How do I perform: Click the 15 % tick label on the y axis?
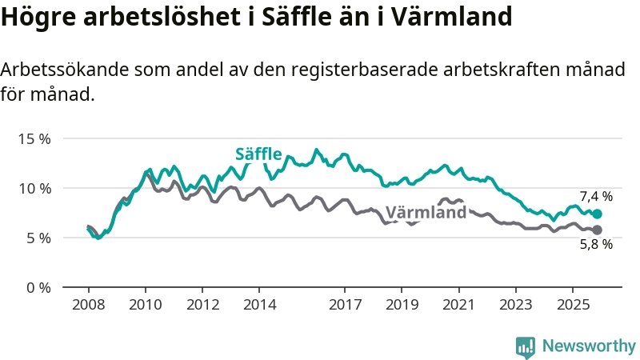(x=34, y=138)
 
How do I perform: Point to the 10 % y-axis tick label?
(x=34, y=188)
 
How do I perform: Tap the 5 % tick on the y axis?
(x=38, y=238)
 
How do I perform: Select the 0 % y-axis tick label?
(x=38, y=287)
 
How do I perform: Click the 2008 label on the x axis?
(x=88, y=305)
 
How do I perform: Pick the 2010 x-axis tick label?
(x=146, y=305)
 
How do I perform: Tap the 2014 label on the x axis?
(x=260, y=305)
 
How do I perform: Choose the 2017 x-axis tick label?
(x=346, y=305)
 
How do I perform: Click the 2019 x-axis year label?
(x=402, y=305)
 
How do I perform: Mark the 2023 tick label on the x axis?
(x=516, y=305)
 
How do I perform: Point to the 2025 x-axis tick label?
(x=573, y=305)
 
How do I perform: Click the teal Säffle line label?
(x=258, y=154)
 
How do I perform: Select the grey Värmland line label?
(x=426, y=213)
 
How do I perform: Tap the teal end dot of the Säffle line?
(x=597, y=214)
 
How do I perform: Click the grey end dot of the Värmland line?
(x=597, y=230)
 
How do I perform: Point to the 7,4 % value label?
(x=596, y=196)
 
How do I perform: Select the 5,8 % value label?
(x=596, y=245)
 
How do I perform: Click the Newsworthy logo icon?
(x=526, y=346)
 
